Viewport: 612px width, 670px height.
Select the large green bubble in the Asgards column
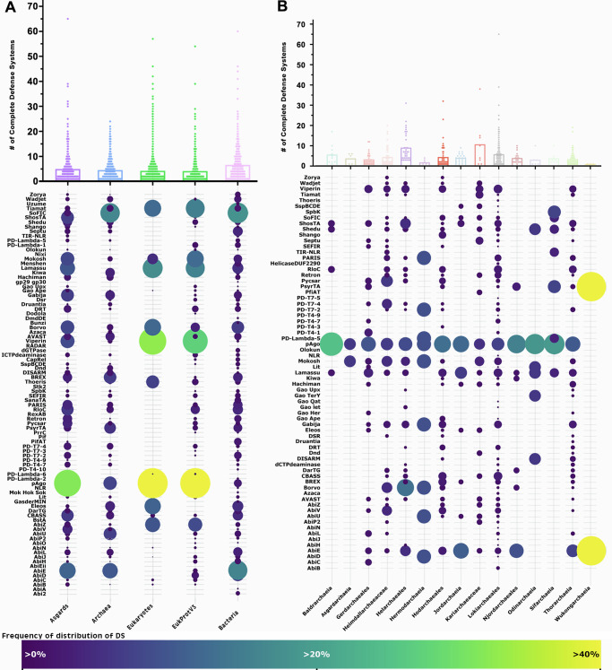tap(67, 483)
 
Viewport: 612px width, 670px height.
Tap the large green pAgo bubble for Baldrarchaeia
tap(331, 369)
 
